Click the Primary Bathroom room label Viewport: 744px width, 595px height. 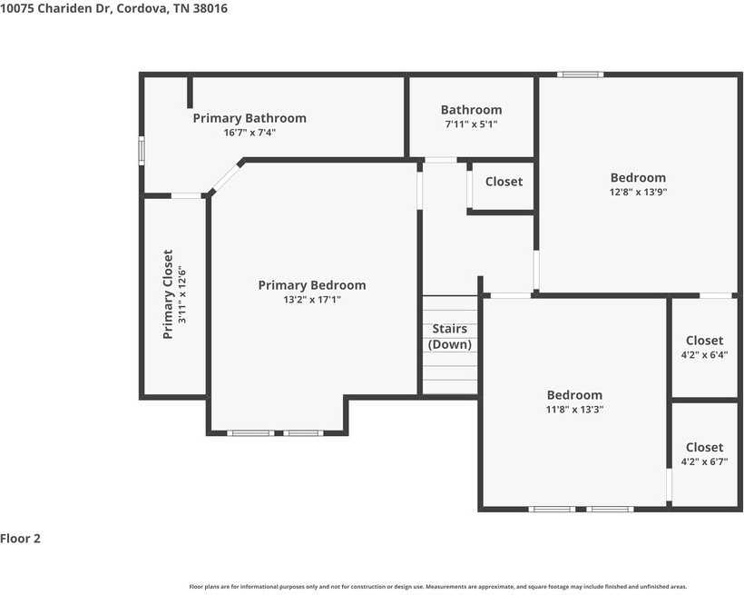click(250, 118)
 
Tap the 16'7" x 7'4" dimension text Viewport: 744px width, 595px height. click(250, 133)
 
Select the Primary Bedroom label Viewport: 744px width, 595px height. click(312, 285)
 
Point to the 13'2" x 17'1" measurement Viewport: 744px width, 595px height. click(312, 300)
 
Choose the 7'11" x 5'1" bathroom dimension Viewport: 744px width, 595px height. click(471, 124)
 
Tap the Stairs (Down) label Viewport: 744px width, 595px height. click(449, 336)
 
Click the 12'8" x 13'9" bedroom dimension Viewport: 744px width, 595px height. click(638, 192)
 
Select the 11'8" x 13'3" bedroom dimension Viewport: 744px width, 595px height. click(574, 409)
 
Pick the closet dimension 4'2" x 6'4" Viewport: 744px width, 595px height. click(704, 355)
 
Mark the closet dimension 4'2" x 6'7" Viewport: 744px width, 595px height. click(704, 462)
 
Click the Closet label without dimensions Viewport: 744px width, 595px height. click(504, 182)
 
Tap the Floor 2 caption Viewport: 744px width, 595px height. click(20, 539)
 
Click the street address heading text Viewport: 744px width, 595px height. click(114, 8)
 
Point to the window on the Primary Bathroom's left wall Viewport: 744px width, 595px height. click(142, 151)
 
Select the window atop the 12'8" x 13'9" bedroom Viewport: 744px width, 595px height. click(580, 74)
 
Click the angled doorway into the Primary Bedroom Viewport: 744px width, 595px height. click(225, 177)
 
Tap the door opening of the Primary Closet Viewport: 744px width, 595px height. click(186, 196)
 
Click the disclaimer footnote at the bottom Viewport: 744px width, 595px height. click(438, 587)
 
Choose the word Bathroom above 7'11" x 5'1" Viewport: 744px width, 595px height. click(471, 110)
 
